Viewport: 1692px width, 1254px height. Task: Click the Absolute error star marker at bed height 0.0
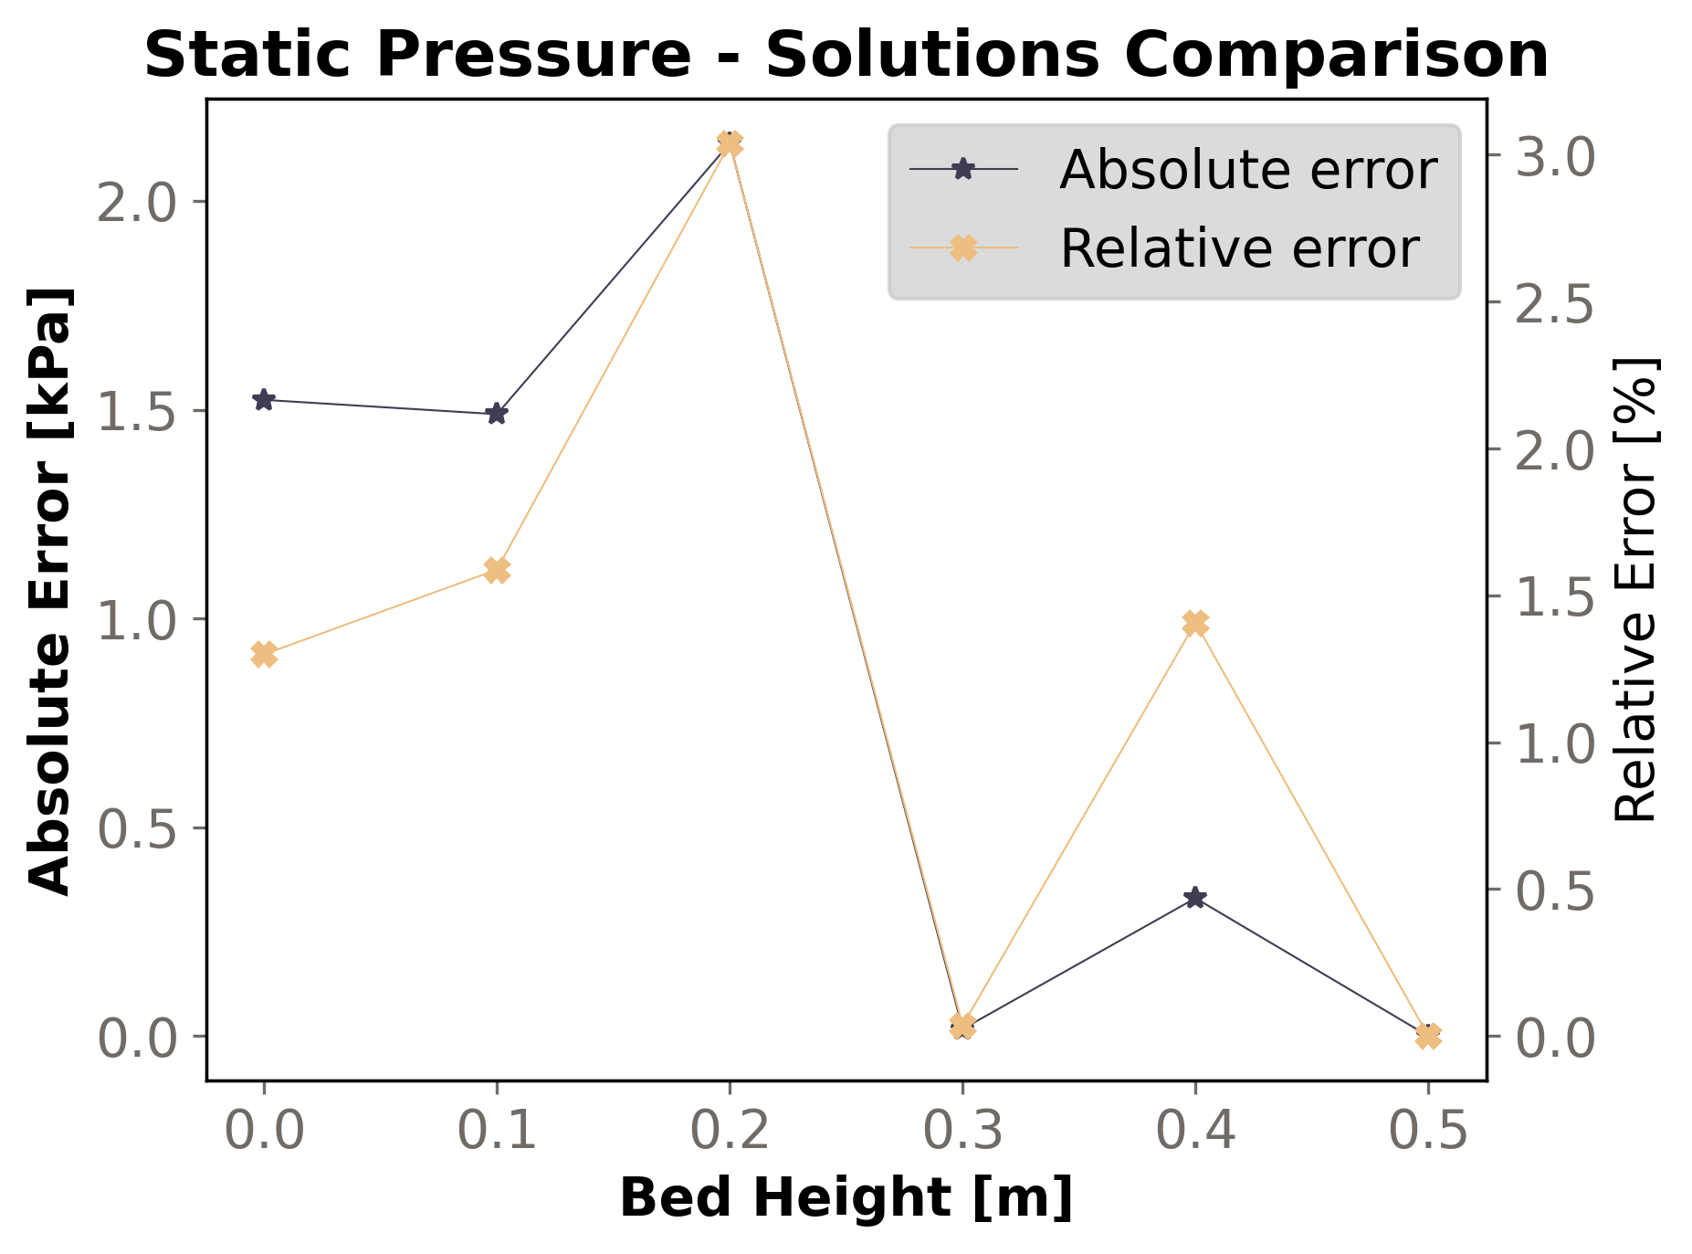click(x=264, y=399)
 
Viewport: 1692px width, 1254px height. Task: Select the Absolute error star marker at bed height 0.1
click(x=497, y=414)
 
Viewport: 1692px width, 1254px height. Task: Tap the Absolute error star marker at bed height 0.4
click(x=1195, y=897)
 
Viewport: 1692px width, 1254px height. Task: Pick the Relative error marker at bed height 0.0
click(x=264, y=654)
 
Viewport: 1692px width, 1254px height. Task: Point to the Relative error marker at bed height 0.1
click(x=497, y=570)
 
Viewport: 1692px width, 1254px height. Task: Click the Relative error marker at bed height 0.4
click(x=1195, y=623)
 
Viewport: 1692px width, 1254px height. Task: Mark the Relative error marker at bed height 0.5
click(x=1428, y=1036)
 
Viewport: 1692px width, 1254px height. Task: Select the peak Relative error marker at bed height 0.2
click(x=730, y=143)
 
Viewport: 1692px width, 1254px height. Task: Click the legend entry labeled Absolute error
click(x=1247, y=170)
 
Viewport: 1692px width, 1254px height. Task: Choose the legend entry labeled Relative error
click(x=1238, y=248)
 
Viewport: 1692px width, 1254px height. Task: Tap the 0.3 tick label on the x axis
click(x=962, y=1132)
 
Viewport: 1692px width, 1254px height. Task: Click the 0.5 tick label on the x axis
click(x=1428, y=1132)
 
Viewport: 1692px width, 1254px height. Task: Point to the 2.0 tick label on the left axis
click(x=136, y=203)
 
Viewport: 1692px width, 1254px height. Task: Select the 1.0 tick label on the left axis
click(x=136, y=620)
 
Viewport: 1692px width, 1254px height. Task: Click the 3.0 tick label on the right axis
click(x=1555, y=156)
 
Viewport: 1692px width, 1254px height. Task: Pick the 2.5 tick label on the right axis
click(x=1555, y=303)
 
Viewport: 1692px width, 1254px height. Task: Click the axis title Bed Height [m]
click(x=846, y=1197)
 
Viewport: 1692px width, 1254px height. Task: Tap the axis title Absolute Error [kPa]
click(x=50, y=590)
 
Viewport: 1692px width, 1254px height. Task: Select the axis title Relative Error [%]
click(x=1634, y=590)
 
